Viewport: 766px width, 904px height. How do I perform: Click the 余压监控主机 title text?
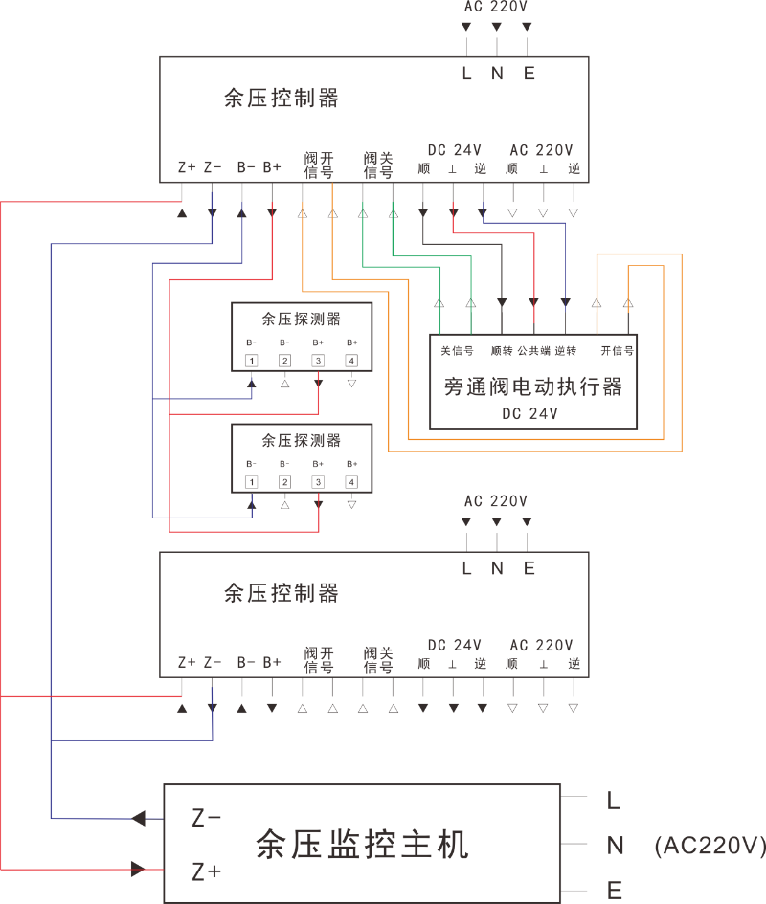point(362,845)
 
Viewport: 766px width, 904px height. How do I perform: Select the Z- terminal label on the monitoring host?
point(207,818)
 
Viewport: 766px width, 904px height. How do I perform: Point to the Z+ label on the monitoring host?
point(207,871)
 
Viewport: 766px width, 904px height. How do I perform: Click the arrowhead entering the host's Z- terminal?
point(138,818)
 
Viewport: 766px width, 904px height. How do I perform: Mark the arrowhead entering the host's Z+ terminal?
point(138,870)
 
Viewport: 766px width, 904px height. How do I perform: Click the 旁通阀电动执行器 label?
point(533,386)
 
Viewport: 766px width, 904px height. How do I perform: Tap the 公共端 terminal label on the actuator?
point(533,351)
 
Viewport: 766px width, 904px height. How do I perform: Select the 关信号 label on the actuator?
point(457,351)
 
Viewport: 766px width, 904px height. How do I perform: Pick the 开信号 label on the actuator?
point(617,351)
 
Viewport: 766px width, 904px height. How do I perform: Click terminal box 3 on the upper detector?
point(318,361)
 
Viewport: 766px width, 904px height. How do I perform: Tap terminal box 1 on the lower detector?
point(251,481)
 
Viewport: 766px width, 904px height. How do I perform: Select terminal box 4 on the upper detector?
point(351,361)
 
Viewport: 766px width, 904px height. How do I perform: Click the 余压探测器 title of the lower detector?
point(302,440)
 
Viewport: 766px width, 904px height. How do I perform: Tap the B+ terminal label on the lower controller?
point(272,662)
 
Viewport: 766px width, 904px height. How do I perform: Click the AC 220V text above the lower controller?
point(496,500)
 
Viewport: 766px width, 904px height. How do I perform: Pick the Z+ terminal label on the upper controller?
point(187,167)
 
